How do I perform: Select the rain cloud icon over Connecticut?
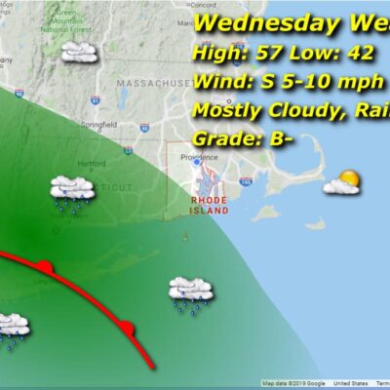(x=72, y=189)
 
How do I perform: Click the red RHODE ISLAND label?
(x=209, y=205)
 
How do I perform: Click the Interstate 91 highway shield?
(x=95, y=98)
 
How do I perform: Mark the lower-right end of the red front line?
(x=151, y=366)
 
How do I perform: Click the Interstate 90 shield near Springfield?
(x=143, y=127)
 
